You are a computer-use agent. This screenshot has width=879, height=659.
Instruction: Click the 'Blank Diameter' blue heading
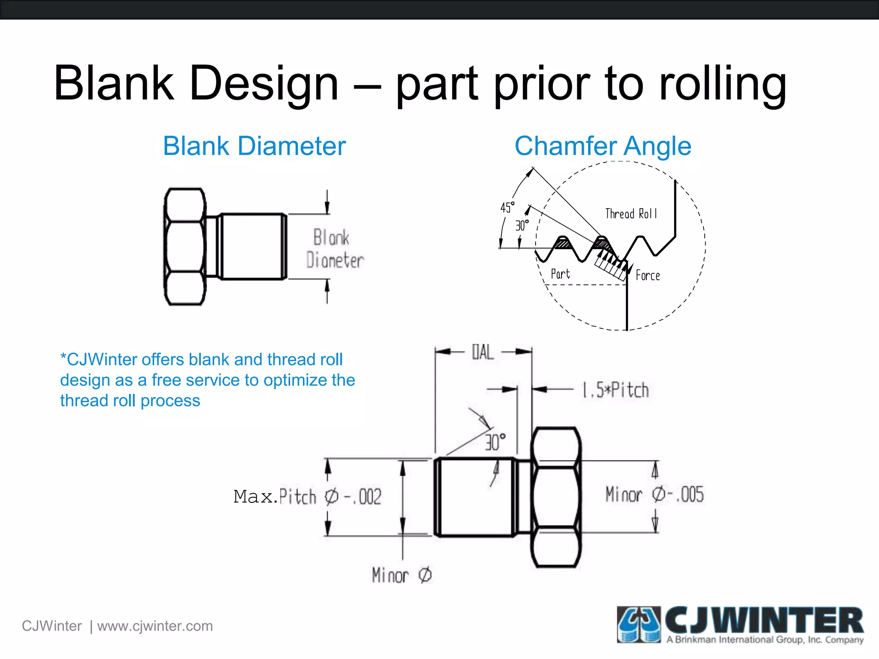254,146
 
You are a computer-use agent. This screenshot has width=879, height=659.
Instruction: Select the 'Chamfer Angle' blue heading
603,146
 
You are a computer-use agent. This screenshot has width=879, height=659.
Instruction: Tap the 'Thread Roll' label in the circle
631,214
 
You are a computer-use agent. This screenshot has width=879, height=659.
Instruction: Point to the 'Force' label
648,275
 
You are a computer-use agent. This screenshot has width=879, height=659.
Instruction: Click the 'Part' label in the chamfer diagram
560,274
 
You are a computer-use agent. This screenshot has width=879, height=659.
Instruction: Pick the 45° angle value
507,208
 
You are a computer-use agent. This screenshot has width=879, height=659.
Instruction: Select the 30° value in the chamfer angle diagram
522,225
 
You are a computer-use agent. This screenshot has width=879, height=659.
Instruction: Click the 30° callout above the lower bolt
495,442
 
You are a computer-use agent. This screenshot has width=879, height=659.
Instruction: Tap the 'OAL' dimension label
483,352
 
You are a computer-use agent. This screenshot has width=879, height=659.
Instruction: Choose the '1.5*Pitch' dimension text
615,390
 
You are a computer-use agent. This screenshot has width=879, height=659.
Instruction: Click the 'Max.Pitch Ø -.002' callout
307,497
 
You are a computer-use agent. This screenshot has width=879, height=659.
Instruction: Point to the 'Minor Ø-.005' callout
654,494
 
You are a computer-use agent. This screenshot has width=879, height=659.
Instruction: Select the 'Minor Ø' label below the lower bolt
402,575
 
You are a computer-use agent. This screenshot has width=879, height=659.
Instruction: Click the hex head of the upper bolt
185,247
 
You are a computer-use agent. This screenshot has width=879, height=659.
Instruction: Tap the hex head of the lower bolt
556,497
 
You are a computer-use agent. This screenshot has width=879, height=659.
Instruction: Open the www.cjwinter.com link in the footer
155,626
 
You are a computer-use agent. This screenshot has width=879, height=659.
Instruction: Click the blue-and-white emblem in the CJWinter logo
639,624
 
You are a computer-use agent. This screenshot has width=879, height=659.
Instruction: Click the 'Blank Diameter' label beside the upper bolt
334,249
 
